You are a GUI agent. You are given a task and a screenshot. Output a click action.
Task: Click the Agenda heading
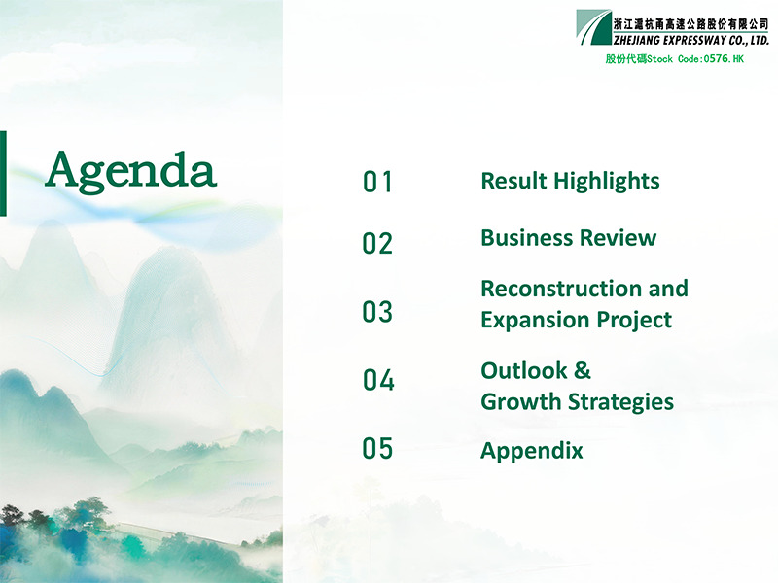click(131, 171)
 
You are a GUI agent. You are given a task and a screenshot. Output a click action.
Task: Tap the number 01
click(377, 182)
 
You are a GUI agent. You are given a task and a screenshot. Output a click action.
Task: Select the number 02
click(377, 244)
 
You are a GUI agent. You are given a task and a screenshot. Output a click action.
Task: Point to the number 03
click(377, 312)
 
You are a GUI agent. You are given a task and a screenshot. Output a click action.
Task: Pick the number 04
click(378, 380)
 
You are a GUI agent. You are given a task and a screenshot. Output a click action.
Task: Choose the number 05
click(377, 448)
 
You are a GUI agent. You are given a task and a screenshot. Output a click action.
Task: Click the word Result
click(514, 181)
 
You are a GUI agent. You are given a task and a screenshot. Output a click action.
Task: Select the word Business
click(527, 238)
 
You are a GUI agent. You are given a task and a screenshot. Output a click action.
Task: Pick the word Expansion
click(535, 321)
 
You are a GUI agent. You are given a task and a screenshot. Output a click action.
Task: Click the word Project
click(634, 321)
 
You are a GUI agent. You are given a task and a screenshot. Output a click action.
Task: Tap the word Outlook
click(524, 371)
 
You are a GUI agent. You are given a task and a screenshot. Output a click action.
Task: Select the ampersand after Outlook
click(583, 371)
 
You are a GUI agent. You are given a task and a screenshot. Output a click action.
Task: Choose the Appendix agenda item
click(532, 451)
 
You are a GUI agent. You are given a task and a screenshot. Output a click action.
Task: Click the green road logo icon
click(594, 27)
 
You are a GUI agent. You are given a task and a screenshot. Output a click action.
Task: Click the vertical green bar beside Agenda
click(3, 174)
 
